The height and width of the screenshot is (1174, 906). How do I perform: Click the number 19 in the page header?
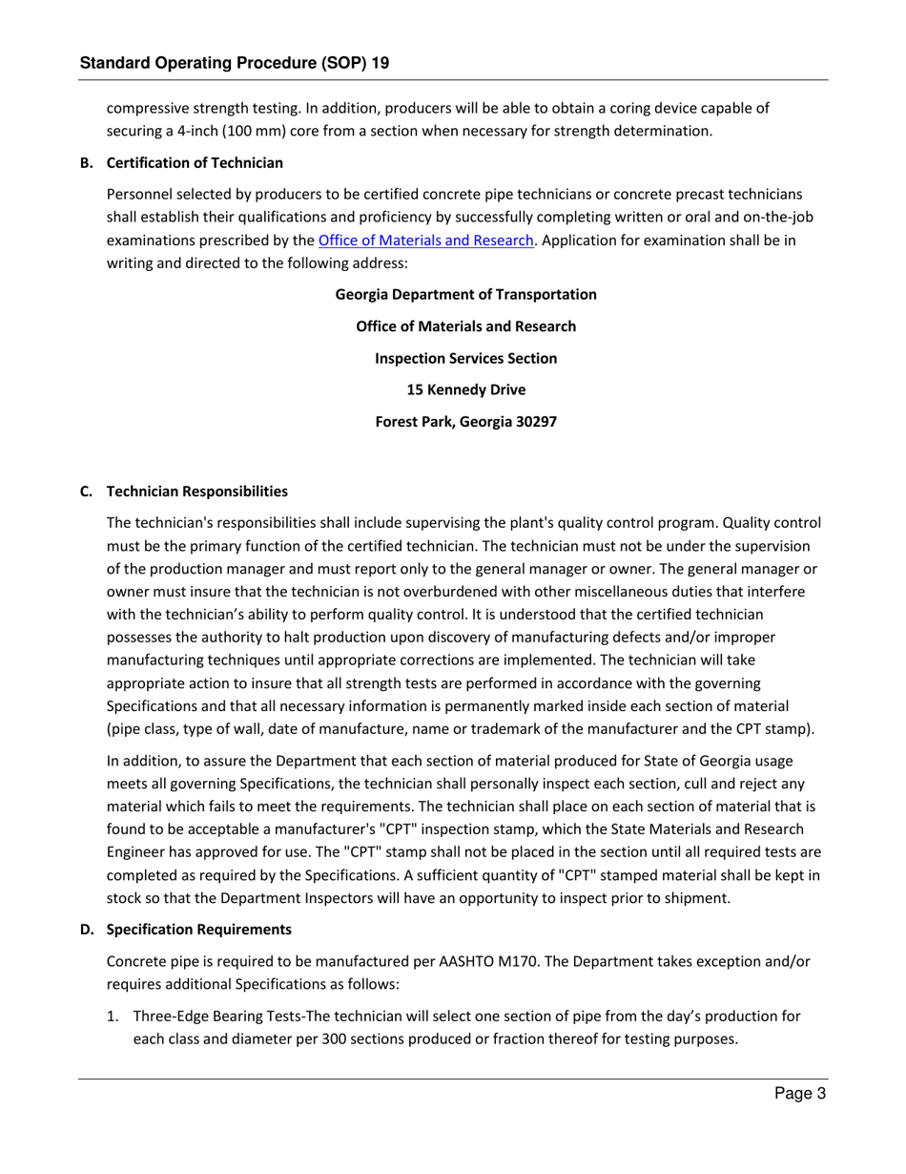click(378, 63)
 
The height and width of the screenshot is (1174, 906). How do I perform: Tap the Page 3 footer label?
click(799, 1095)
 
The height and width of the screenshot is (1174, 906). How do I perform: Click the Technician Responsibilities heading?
click(196, 492)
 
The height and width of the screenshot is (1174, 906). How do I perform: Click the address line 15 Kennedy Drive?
click(465, 389)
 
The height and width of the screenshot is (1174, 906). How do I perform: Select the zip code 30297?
click(536, 421)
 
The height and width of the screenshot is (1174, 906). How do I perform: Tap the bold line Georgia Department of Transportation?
click(465, 294)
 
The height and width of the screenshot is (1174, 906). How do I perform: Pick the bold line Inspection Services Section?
click(465, 358)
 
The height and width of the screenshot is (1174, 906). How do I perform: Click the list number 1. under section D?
click(113, 1017)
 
